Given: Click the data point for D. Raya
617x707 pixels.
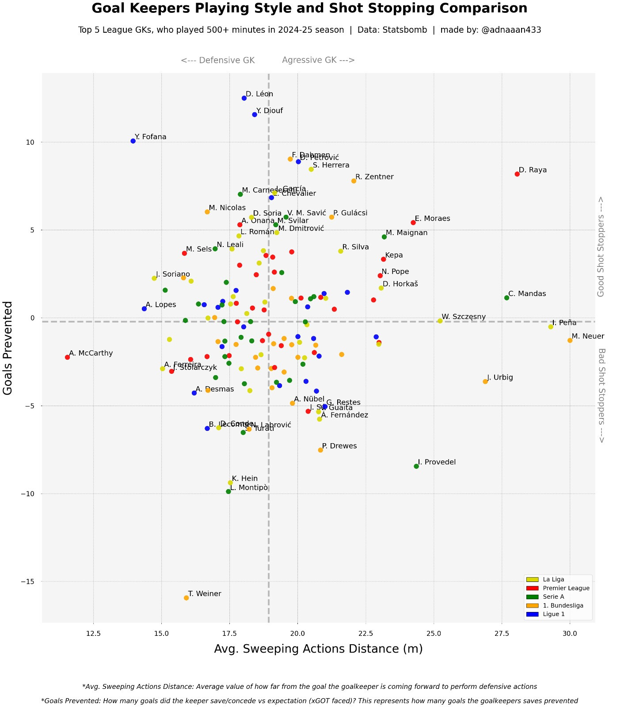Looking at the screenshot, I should point(517,174).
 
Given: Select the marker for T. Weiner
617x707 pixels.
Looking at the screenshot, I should point(186,598).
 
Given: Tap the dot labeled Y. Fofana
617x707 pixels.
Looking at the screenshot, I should point(133,141).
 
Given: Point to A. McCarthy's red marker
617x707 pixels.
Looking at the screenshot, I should point(67,357).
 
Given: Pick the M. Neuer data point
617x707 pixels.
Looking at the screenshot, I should point(570,340).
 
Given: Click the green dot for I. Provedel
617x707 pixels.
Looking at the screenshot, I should point(416,466).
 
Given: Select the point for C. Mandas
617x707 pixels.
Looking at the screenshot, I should point(507,298).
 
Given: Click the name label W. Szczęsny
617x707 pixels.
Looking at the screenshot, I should point(463,317).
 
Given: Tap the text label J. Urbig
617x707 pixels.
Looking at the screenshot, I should point(500,377).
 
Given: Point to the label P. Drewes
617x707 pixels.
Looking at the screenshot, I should point(339,446).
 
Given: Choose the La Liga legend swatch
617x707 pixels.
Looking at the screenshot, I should point(532,579).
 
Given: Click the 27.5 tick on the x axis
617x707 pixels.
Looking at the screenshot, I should point(502,634).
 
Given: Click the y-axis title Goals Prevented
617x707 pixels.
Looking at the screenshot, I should point(8,348).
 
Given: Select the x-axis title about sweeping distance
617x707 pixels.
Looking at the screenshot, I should point(318,649).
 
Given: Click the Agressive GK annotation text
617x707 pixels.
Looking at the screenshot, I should point(318,61).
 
